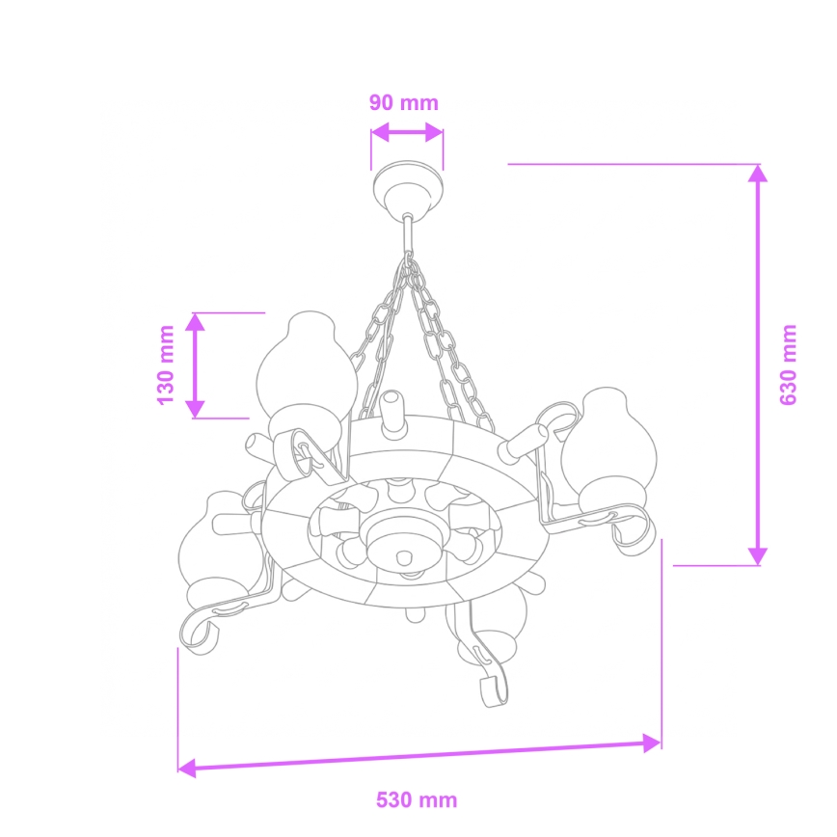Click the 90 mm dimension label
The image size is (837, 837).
pyautogui.click(x=403, y=102)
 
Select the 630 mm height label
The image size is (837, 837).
pyautogui.click(x=790, y=364)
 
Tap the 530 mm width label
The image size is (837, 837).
pyautogui.click(x=417, y=800)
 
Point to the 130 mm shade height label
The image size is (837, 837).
pyautogui.click(x=166, y=364)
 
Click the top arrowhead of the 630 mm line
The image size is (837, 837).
pyautogui.click(x=758, y=174)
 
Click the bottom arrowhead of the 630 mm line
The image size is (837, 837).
pyautogui.click(x=758, y=555)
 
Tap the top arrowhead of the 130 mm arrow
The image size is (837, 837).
pyautogui.click(x=196, y=321)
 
